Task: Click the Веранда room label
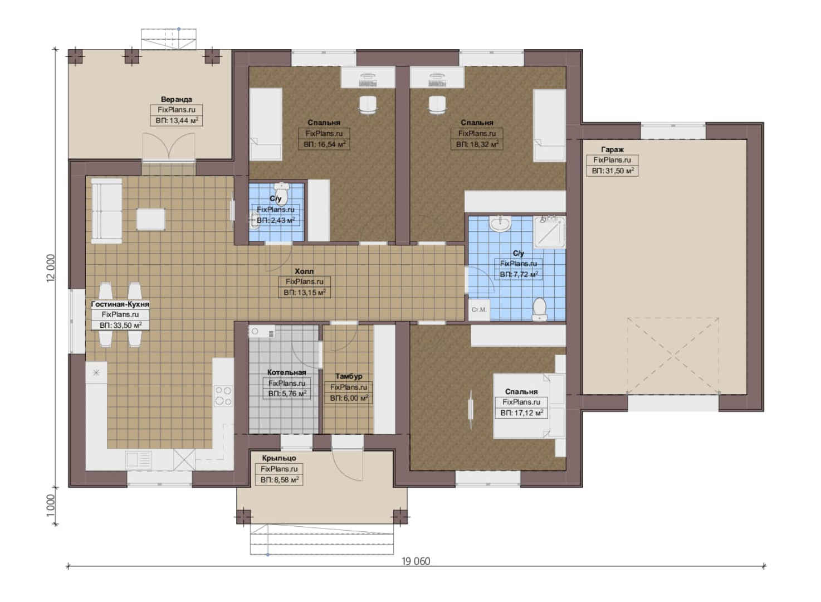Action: pos(177,99)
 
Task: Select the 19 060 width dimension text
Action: pos(416,562)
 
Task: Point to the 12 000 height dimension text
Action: pos(51,268)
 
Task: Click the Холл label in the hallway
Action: pos(304,271)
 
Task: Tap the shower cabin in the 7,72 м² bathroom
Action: pos(549,231)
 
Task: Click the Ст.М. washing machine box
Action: pos(479,309)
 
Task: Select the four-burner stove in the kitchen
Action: pos(223,396)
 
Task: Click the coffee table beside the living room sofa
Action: pos(150,219)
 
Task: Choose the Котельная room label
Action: pos(286,372)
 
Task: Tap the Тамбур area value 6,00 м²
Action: pos(349,398)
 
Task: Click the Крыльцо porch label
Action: pos(279,458)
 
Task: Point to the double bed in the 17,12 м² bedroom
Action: pos(529,406)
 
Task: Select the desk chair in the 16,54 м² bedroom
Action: pos(368,105)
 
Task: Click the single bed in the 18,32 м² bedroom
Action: pos(549,125)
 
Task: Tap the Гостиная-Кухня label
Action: pos(120,304)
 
